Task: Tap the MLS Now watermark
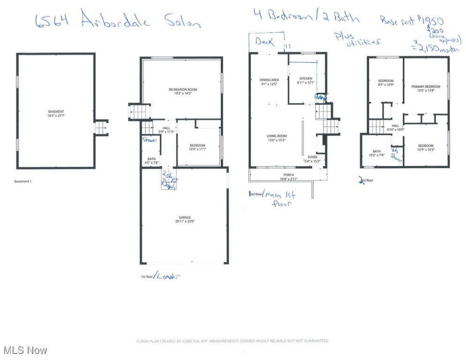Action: (24, 350)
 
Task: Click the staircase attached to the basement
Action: (101, 127)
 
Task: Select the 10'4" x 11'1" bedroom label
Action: (197, 148)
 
